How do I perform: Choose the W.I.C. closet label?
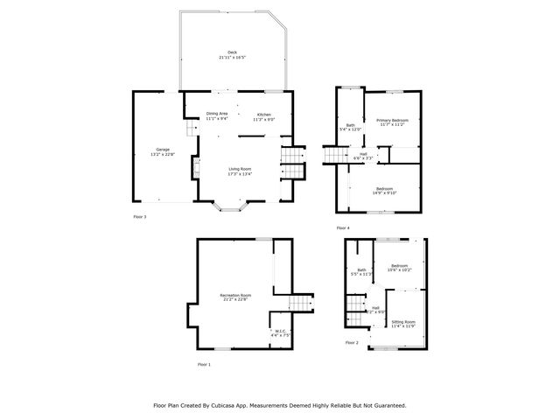point(280,332)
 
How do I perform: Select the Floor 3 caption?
point(140,216)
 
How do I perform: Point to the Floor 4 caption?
point(342,228)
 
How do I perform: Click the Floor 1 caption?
point(204,363)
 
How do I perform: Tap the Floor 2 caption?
point(352,342)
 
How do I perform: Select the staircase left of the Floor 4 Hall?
point(335,156)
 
